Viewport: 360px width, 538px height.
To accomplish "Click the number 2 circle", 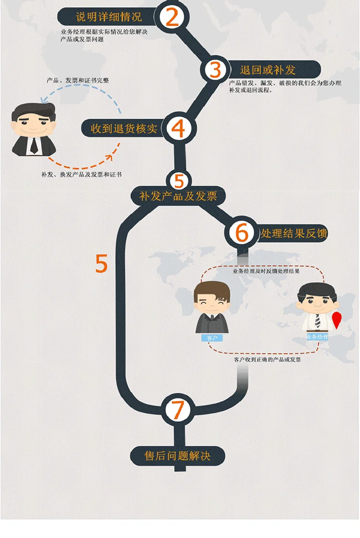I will click(x=172, y=17).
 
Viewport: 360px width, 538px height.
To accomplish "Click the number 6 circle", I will click(x=242, y=233).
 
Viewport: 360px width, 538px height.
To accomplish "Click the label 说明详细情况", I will click(x=108, y=17).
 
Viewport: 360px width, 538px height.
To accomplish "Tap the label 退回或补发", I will click(x=268, y=70).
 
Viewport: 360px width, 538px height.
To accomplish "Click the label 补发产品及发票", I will click(x=177, y=197).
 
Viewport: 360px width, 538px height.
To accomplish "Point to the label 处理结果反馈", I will click(x=294, y=233).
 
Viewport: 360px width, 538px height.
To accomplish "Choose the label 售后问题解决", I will click(x=177, y=456).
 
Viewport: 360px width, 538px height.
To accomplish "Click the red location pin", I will click(x=336, y=320).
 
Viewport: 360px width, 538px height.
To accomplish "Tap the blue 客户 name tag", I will click(x=212, y=338).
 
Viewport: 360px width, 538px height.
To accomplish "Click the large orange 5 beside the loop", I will click(x=102, y=264).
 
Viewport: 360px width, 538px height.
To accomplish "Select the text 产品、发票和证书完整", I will click(x=77, y=80).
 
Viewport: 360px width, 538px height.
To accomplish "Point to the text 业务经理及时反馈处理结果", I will click(x=266, y=271).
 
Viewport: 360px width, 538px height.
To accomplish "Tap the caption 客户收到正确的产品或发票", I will click(x=267, y=360).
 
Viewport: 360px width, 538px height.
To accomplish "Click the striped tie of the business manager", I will click(x=318, y=320).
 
